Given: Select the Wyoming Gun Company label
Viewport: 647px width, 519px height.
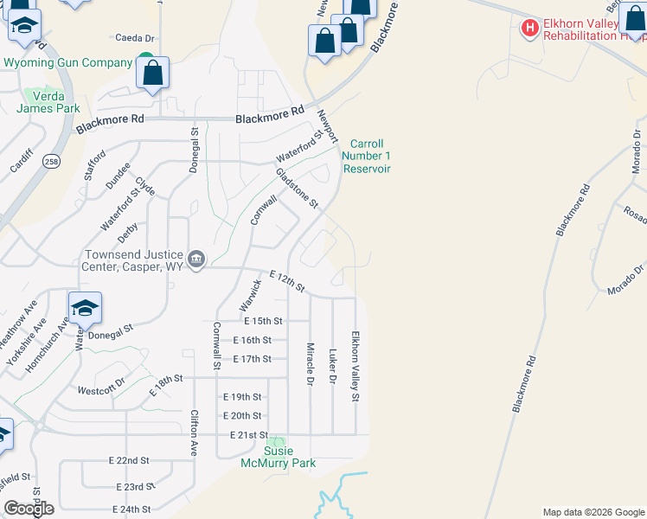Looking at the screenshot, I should (x=68, y=62).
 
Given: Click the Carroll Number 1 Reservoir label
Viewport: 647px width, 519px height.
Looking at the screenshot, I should (x=367, y=156).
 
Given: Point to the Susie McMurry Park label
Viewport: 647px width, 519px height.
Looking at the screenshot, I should (x=278, y=457).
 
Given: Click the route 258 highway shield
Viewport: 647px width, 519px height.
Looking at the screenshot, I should (x=53, y=162).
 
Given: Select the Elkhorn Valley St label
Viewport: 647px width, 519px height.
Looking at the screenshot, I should (x=355, y=366).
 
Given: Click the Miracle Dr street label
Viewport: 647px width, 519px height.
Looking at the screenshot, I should (x=310, y=363).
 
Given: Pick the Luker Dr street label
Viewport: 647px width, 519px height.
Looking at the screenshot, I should (x=332, y=367).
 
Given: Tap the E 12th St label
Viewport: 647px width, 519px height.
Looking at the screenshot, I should (x=287, y=280).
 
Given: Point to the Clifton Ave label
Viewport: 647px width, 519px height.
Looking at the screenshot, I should (x=195, y=433).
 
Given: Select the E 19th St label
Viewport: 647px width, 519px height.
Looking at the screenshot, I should (x=241, y=397).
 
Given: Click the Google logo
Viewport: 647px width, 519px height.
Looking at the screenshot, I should (x=29, y=509).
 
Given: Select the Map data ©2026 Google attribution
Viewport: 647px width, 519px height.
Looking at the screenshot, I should (x=593, y=512).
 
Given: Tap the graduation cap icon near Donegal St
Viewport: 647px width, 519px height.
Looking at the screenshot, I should (x=86, y=309).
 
